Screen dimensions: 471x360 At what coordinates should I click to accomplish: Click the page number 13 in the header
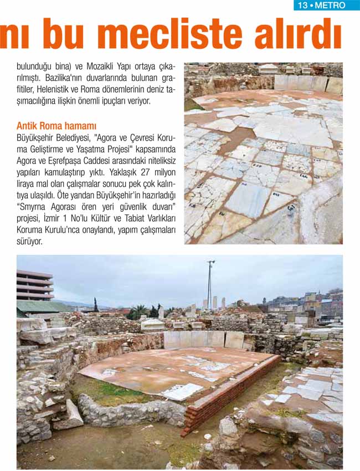pos(302,6)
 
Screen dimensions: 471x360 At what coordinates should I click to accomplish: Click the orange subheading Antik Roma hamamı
pos(56,126)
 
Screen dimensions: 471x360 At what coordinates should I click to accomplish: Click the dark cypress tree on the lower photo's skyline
pos(96,305)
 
